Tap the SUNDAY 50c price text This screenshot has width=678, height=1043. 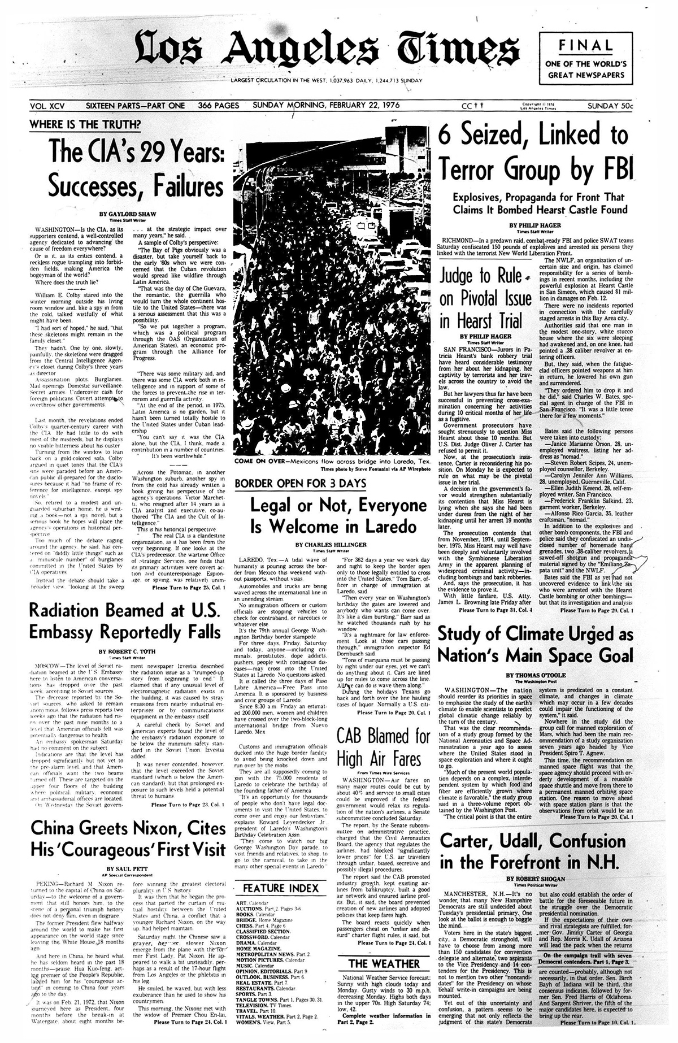[610, 106]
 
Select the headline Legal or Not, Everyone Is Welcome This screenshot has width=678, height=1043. [331, 517]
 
